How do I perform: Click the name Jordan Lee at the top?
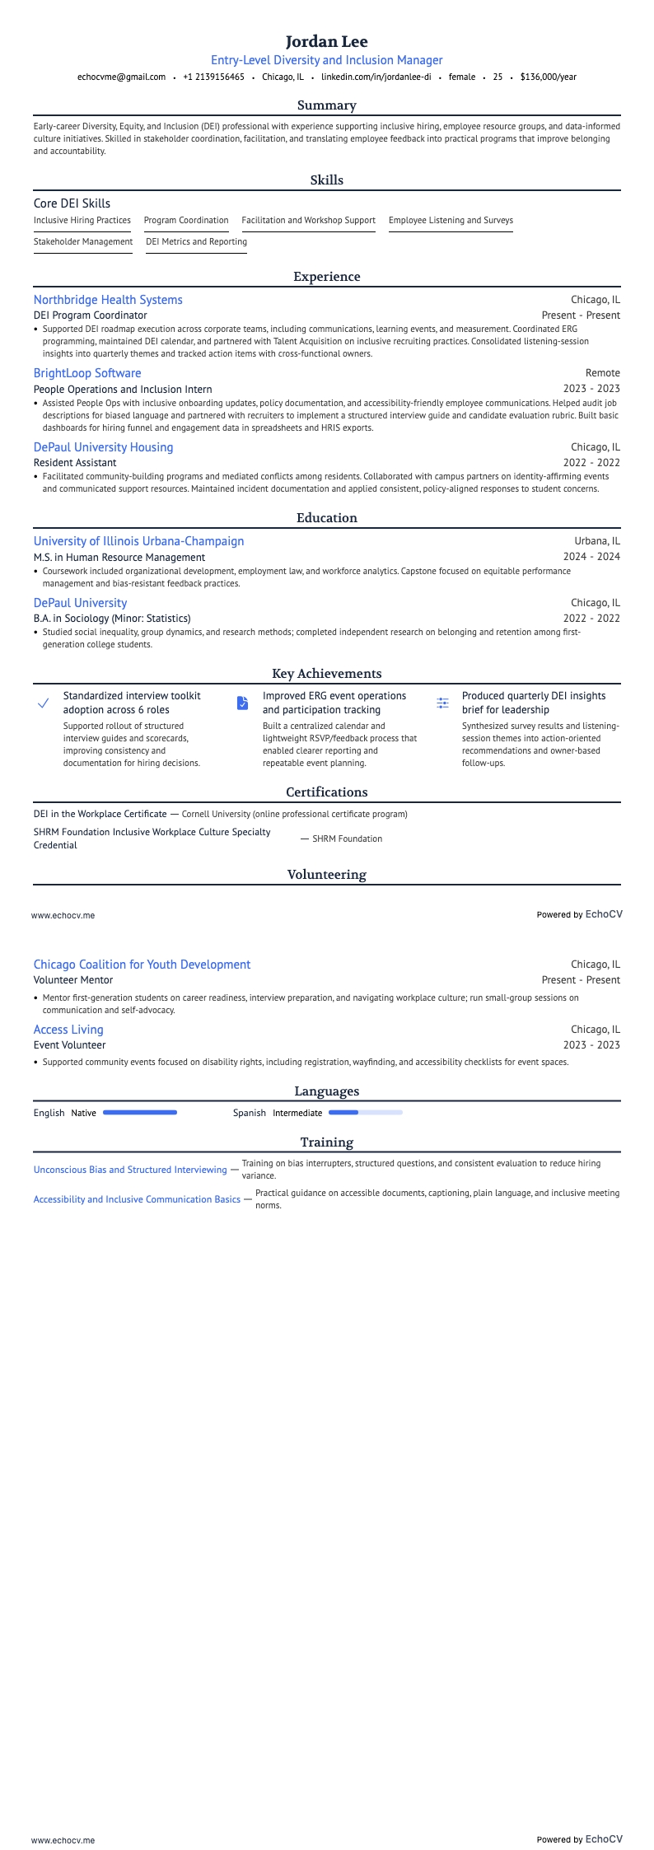(x=327, y=41)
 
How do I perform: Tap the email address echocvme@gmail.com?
(x=121, y=77)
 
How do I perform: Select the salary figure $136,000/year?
(x=548, y=77)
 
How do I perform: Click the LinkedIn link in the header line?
(x=376, y=77)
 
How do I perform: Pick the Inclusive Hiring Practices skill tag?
(x=82, y=220)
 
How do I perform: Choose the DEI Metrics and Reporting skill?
(x=196, y=241)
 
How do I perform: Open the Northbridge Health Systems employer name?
(x=108, y=300)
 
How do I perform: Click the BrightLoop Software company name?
(x=87, y=373)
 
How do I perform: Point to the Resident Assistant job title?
(x=75, y=463)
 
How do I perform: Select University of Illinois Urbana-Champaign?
(x=138, y=541)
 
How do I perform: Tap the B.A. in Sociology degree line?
(x=112, y=619)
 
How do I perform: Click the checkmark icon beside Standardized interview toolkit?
(x=44, y=703)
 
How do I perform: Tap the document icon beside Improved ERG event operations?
(x=242, y=703)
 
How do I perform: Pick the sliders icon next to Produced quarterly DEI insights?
(x=443, y=703)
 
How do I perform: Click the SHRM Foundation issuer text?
(x=347, y=839)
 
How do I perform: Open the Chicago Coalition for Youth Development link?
(x=142, y=965)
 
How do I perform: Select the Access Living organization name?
(x=68, y=1030)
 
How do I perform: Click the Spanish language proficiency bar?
(x=366, y=1113)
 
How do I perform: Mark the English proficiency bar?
(x=140, y=1113)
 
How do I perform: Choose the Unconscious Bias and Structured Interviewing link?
(x=130, y=1170)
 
